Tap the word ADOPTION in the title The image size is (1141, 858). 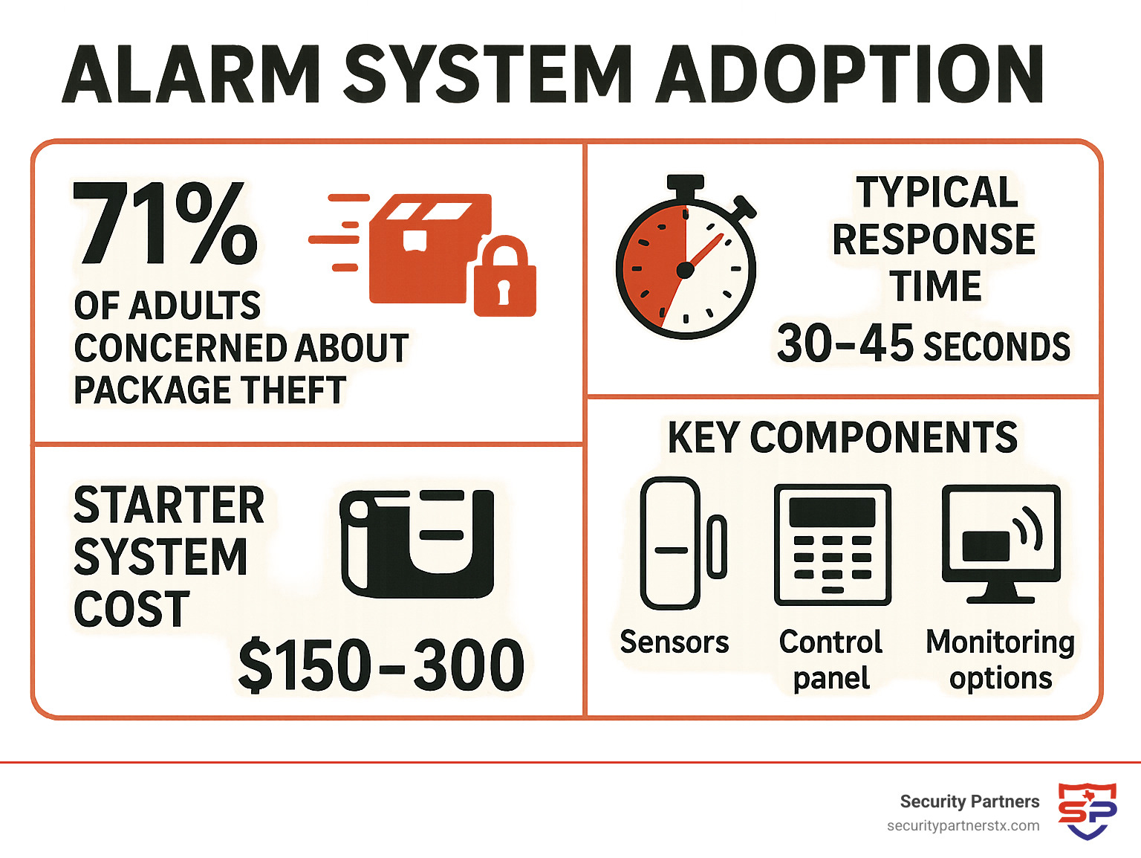point(850,74)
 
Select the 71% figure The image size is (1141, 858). point(165,223)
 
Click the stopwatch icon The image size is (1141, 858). point(686,260)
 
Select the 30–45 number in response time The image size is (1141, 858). point(845,344)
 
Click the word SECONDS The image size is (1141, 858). point(996,347)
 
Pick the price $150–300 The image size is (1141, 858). point(381,665)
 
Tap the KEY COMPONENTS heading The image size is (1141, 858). point(842,437)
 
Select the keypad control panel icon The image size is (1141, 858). point(832,545)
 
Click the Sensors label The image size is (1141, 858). point(674,642)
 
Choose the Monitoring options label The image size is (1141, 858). point(1000,659)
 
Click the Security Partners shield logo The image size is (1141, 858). point(1087,810)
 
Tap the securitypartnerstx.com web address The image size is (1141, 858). point(963,826)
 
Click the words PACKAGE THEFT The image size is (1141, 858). point(210,390)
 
